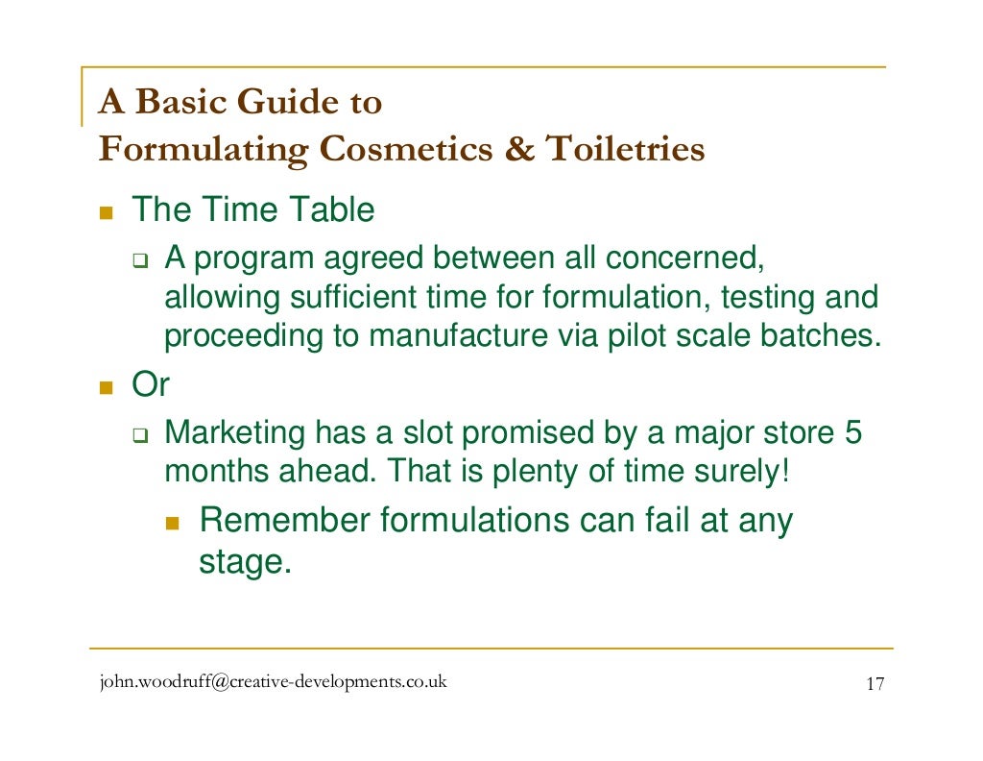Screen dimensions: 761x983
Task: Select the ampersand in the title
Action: pos(524,150)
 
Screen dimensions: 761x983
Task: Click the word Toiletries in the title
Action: pos(625,150)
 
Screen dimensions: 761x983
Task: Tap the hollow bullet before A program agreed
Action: pos(140,259)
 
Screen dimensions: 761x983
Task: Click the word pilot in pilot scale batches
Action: pos(640,336)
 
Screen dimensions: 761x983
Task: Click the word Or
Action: pos(150,385)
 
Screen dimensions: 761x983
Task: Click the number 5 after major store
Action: pos(851,433)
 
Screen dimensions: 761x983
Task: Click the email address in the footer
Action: pos(273,683)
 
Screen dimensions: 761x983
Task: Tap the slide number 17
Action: pos(874,684)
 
